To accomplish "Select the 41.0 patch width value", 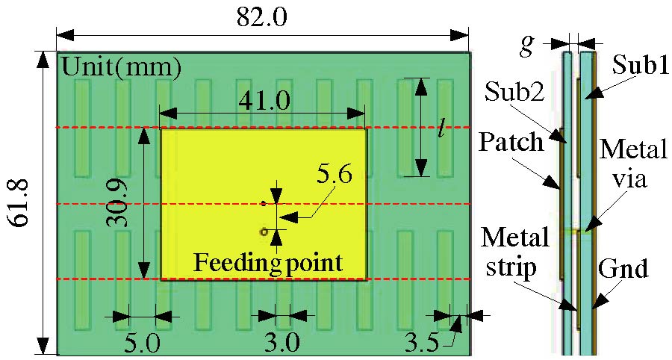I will tap(264, 100).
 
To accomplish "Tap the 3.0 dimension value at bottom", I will tap(282, 343).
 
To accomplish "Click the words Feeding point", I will tap(268, 262).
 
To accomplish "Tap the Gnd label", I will tap(623, 267).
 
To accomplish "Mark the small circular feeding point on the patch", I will tap(264, 232).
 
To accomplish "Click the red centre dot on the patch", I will tap(264, 203).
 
